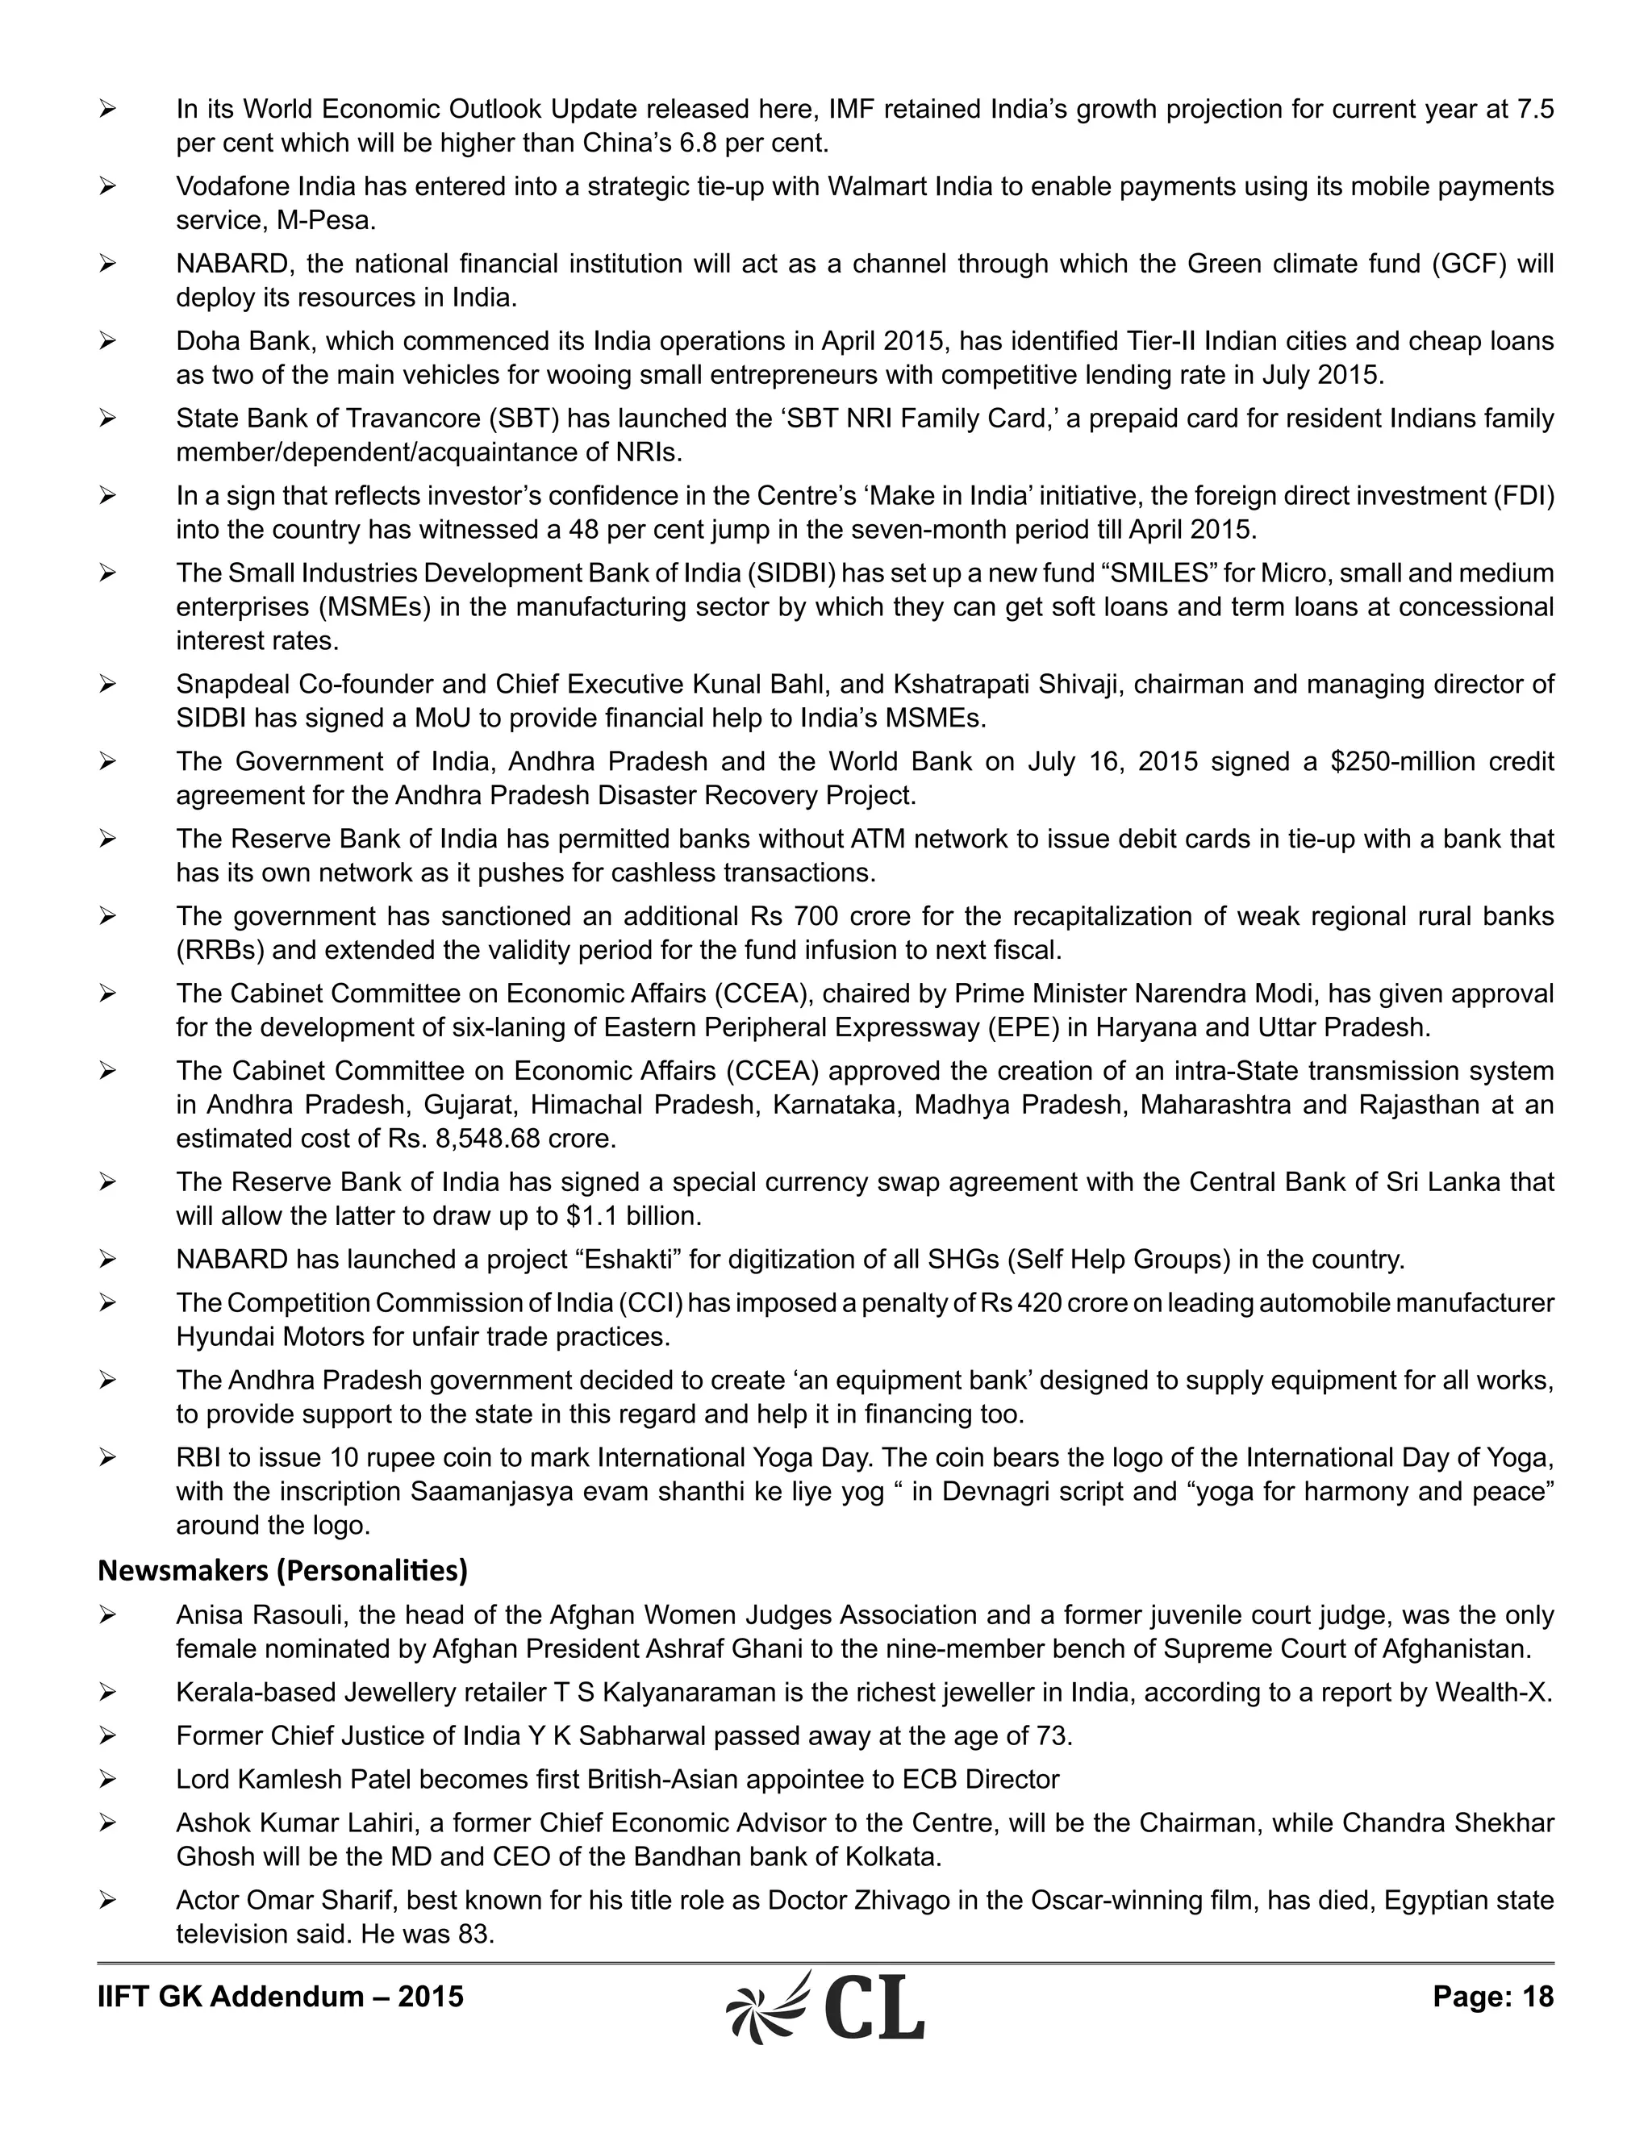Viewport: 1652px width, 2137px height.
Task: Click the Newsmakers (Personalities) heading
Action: pos(282,1570)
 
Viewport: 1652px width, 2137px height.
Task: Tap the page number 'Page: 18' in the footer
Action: pos(1492,1996)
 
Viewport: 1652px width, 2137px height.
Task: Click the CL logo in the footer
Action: pos(825,2006)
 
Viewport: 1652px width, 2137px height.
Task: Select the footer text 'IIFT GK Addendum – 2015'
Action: pos(280,1996)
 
